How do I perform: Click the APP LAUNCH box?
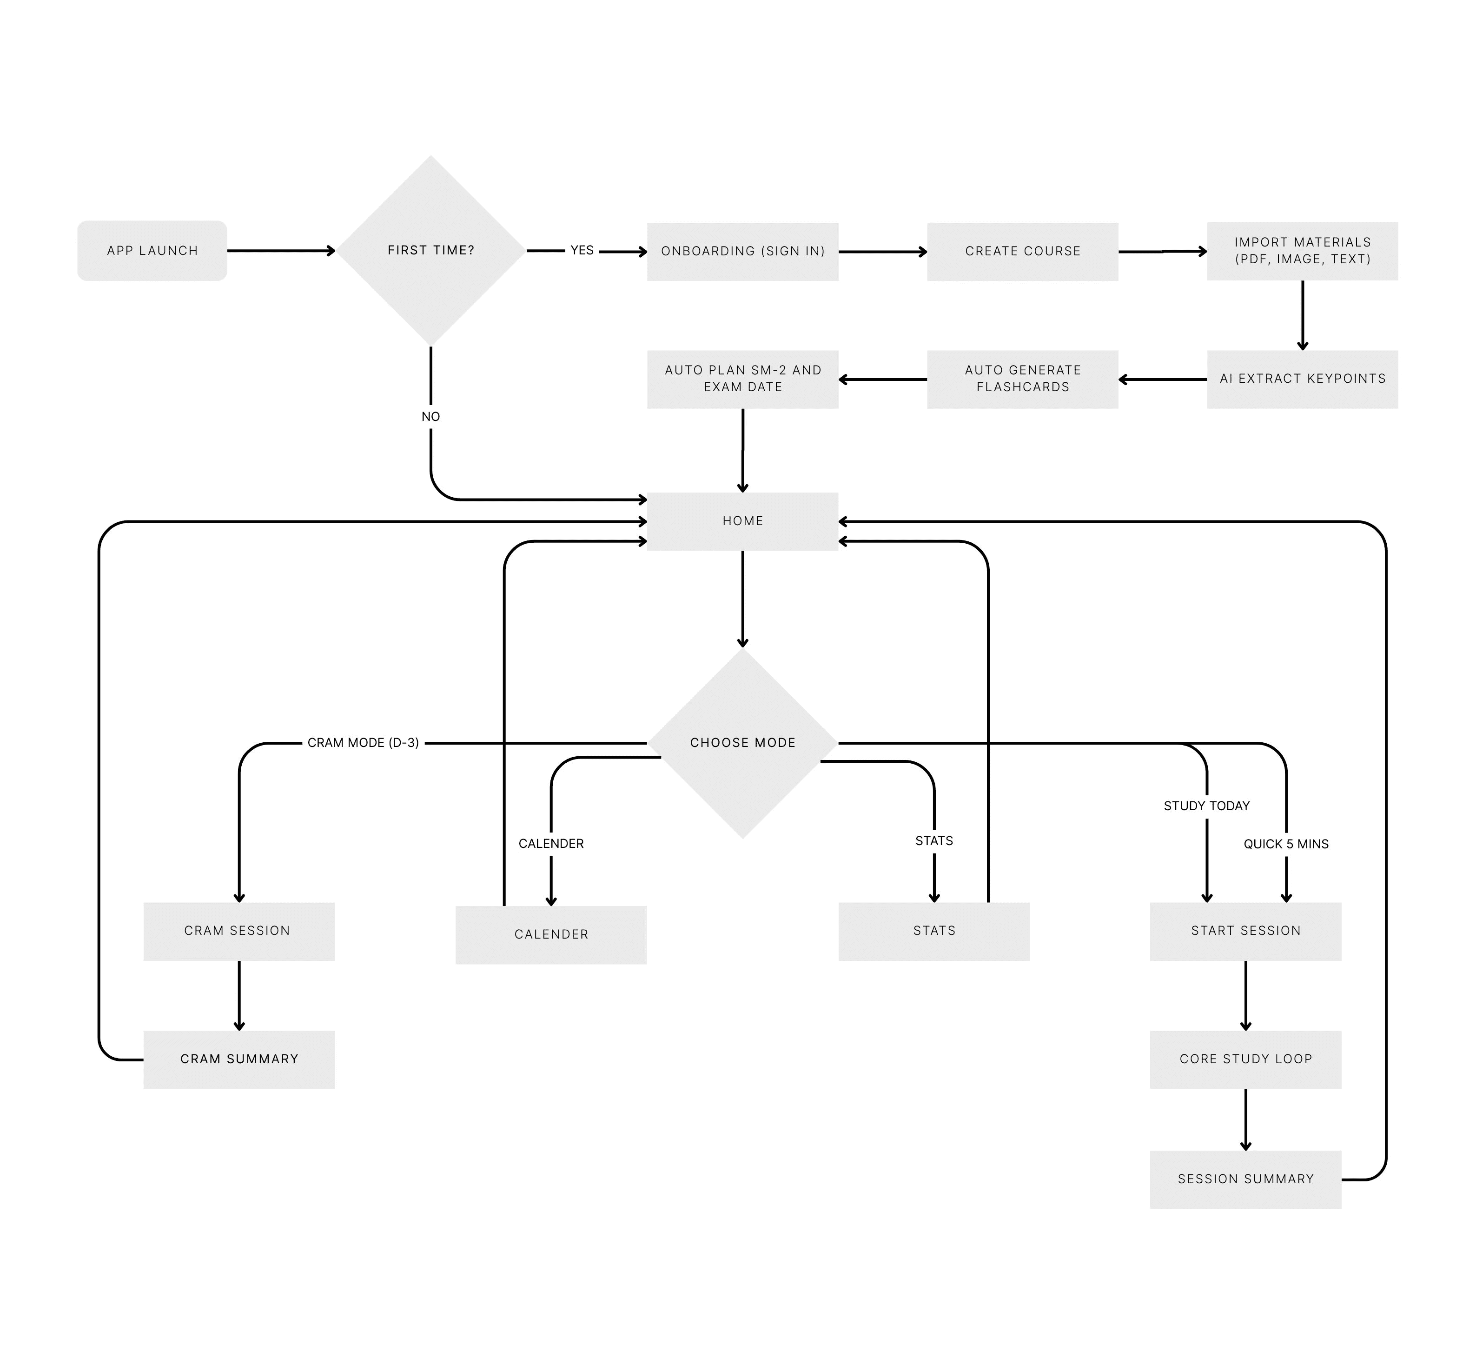pos(152,250)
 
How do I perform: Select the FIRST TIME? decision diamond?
pos(430,250)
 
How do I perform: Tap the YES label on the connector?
pos(582,250)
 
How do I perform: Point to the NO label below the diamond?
pos(430,417)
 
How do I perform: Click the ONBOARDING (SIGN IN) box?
pos(742,251)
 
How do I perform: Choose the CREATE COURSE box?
pos(1022,251)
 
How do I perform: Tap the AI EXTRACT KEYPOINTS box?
pos(1302,379)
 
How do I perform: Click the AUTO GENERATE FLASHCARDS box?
pos(1022,379)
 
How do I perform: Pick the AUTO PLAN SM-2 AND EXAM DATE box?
pos(742,379)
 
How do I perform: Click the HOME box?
pos(742,520)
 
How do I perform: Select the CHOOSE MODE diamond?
pos(742,743)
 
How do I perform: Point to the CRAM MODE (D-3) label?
pos(363,743)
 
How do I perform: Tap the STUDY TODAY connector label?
pos(1206,806)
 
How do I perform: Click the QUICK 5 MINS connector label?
pos(1286,844)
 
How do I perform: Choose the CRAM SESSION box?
pos(238,931)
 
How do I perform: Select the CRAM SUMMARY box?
pos(238,1059)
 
